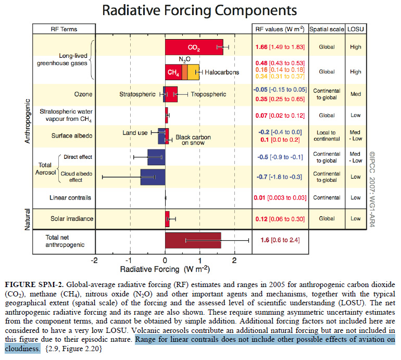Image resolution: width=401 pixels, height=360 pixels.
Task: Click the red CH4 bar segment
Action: [173, 72]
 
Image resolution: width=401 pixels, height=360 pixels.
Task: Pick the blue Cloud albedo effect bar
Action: [153, 176]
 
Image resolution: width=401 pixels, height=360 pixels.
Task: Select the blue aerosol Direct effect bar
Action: [156, 157]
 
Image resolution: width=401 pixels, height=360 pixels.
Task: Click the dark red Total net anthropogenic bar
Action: [193, 241]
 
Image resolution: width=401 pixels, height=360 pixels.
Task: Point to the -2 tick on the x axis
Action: [94, 259]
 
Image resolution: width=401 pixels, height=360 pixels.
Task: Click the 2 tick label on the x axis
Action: [235, 259]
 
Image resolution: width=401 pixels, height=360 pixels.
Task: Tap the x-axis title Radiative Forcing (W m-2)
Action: [165, 269]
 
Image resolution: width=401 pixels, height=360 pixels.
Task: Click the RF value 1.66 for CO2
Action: [262, 47]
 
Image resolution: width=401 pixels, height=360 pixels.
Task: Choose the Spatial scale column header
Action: [327, 29]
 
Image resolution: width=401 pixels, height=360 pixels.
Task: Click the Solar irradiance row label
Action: [69, 218]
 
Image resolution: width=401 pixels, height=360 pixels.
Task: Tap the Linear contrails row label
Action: [70, 197]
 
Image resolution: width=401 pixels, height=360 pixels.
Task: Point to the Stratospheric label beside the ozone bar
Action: [137, 94]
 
